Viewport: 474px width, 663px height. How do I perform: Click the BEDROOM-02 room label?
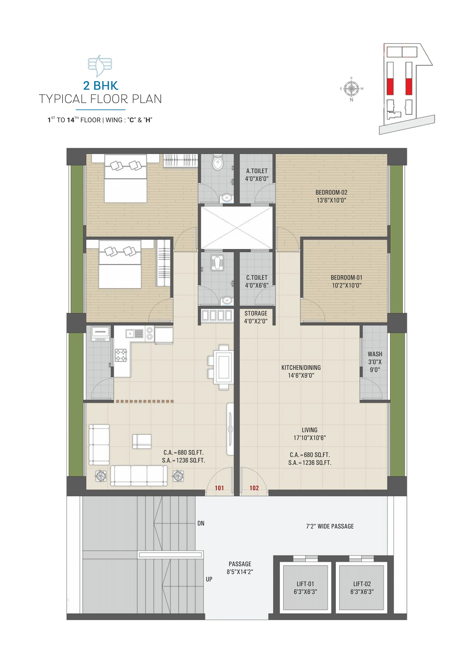(331, 196)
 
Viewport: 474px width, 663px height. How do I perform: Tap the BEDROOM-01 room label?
(346, 281)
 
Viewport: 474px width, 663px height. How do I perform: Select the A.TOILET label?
(257, 175)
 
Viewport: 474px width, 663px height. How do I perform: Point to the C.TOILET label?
(257, 281)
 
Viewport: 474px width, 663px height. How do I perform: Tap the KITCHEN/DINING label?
(301, 371)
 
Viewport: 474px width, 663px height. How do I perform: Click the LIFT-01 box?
(305, 587)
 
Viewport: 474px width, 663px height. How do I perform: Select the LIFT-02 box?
(362, 587)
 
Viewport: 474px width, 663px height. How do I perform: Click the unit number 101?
(219, 488)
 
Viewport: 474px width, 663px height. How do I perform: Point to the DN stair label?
(201, 523)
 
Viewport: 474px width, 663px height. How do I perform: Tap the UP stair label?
(209, 579)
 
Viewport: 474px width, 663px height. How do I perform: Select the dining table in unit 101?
(224, 367)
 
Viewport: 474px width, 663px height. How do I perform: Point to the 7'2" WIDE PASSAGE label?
(330, 526)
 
